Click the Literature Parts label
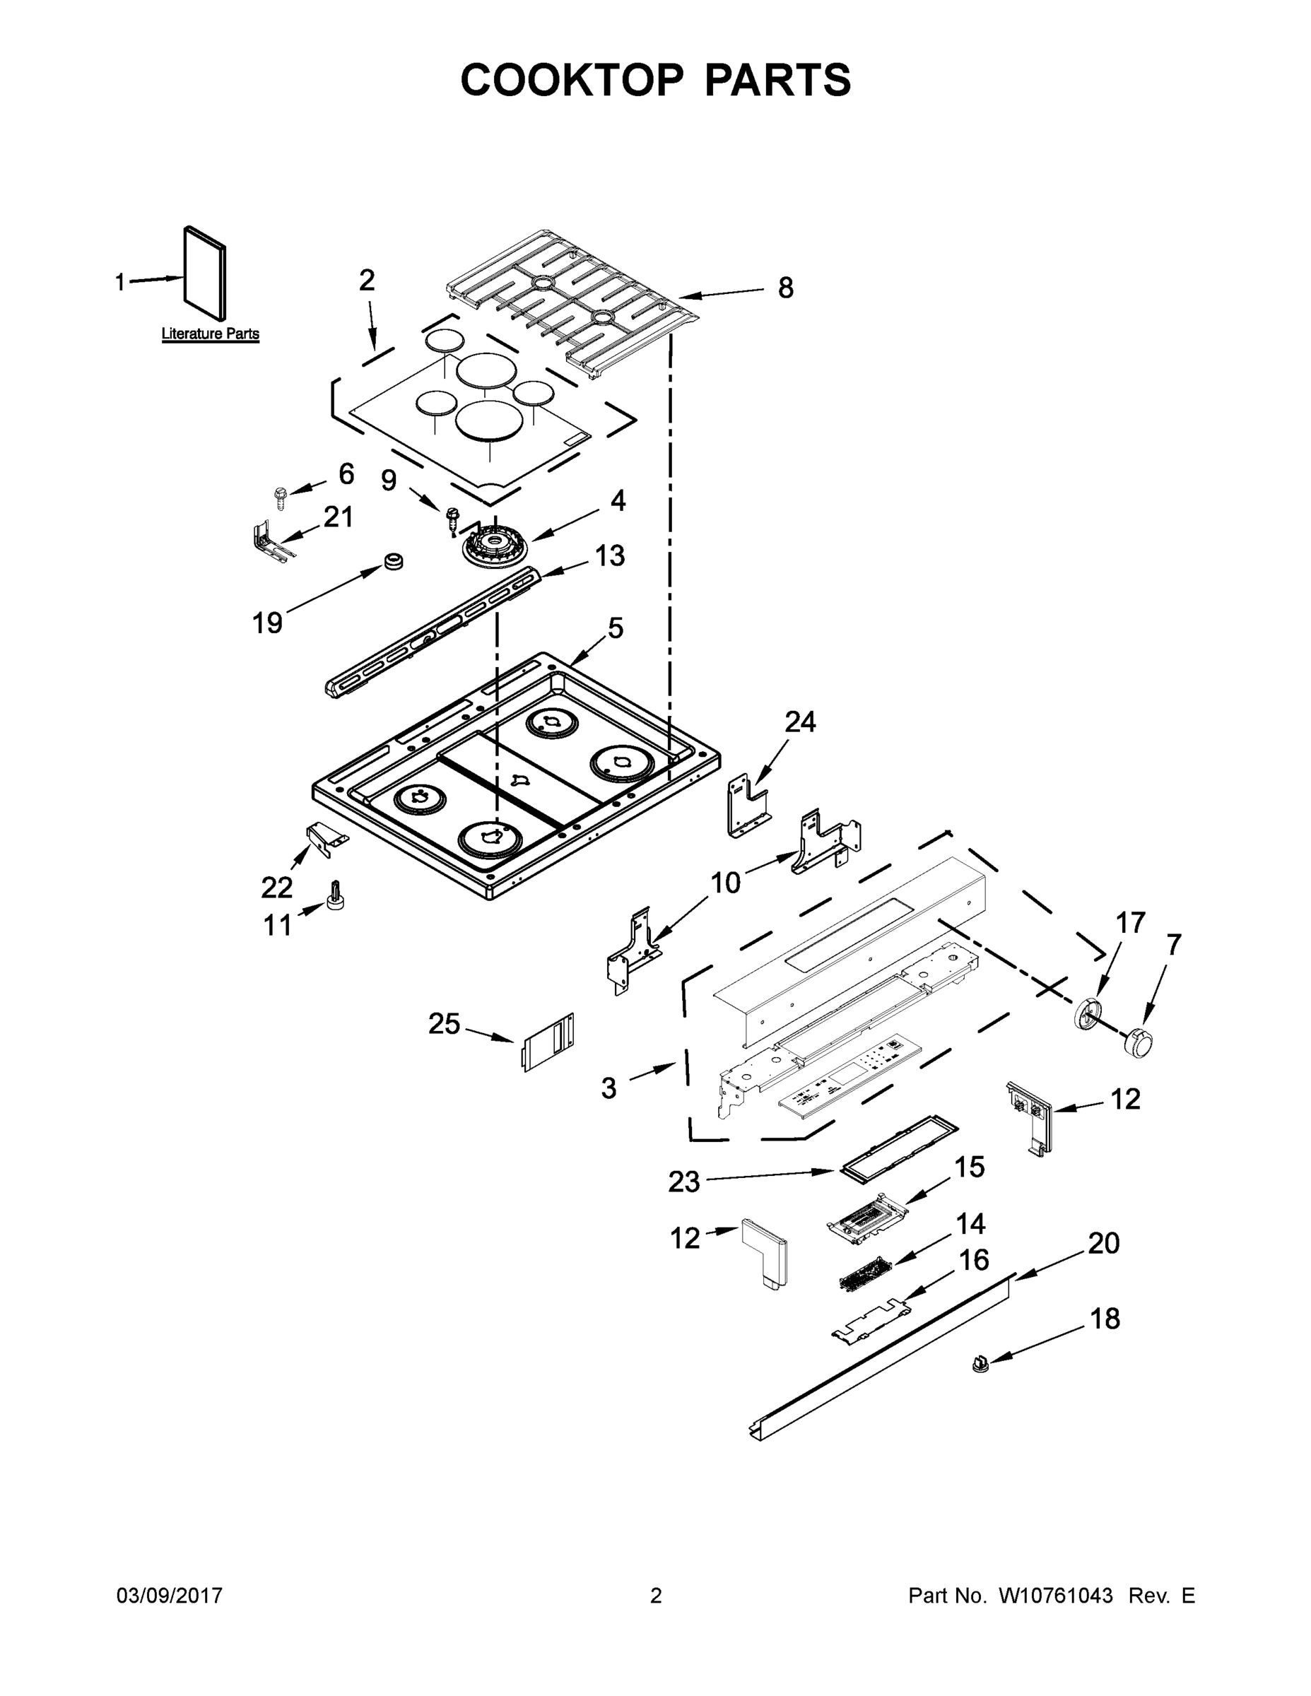coord(210,334)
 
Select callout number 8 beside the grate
coord(785,288)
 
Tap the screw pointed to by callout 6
coord(281,497)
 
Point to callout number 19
coord(267,622)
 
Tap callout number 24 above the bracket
coord(800,722)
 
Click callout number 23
coord(684,1182)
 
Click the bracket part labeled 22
coord(327,838)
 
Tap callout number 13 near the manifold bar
coord(610,556)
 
